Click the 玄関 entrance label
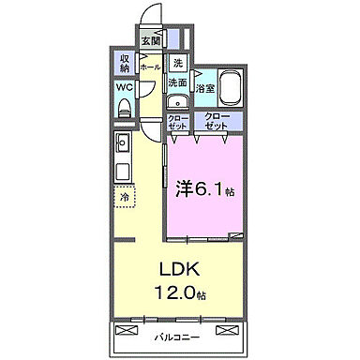pos(151,40)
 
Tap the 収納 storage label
pos(125,63)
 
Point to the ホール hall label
pos(149,68)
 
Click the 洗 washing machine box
pos(177,64)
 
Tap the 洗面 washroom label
pos(177,82)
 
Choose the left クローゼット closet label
pos(178,121)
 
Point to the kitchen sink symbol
pos(123,145)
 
